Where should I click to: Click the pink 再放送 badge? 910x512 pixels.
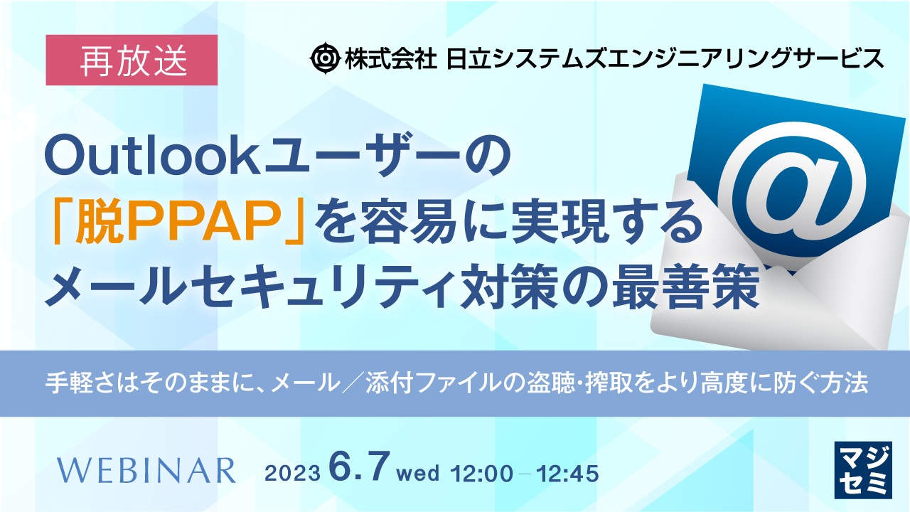tap(131, 60)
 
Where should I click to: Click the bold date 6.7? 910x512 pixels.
tap(358, 468)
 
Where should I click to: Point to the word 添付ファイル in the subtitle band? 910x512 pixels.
tap(444, 384)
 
